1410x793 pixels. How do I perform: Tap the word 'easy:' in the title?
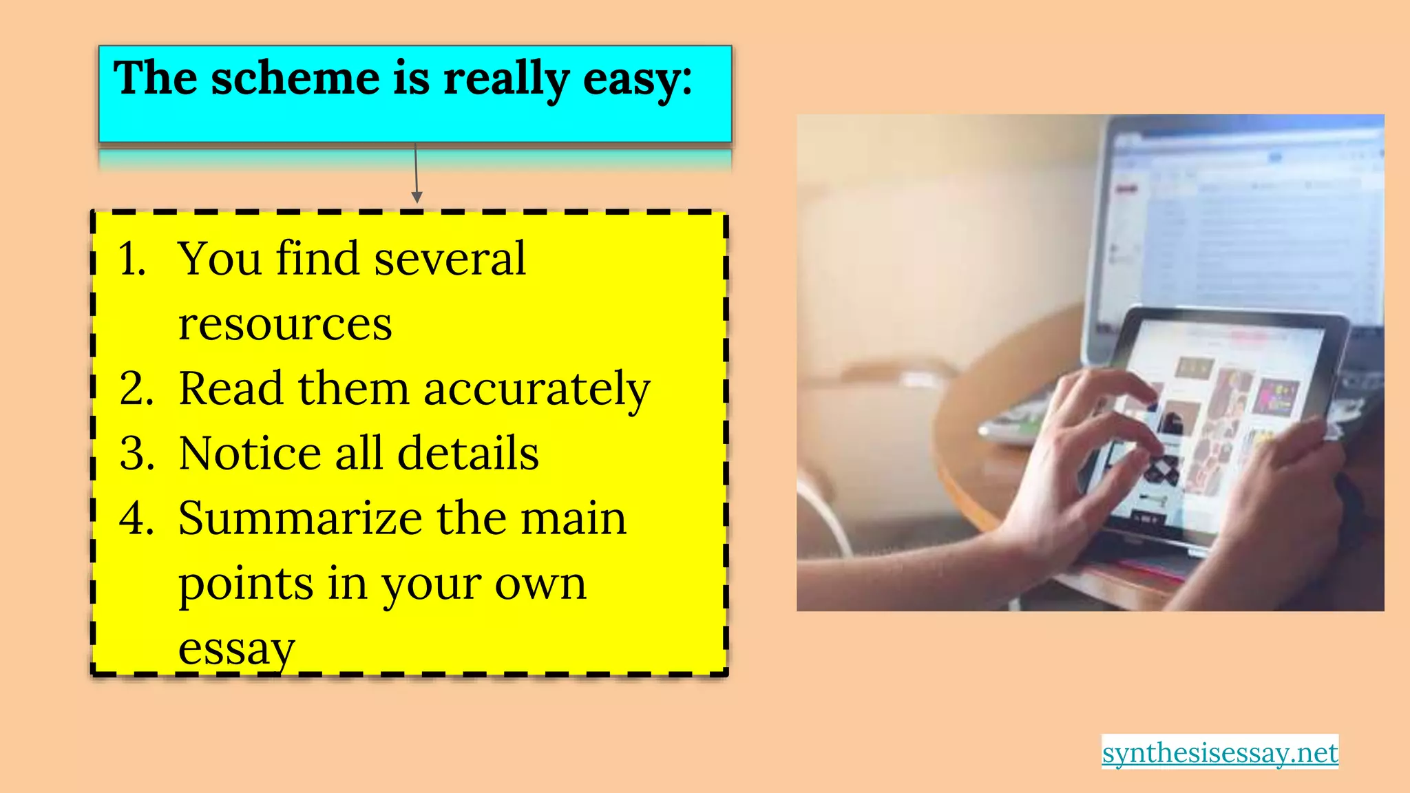point(637,79)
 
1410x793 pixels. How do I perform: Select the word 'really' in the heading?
point(506,79)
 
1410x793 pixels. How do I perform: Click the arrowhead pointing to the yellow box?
point(417,198)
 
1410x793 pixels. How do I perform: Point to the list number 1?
point(131,260)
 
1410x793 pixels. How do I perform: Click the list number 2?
point(136,389)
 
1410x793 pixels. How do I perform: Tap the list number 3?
point(136,454)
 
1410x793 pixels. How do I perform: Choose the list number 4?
point(136,518)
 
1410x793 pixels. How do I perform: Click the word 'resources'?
point(285,324)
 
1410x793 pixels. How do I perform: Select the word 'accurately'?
point(536,389)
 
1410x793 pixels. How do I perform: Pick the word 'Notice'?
point(250,454)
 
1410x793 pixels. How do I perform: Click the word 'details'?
point(468,454)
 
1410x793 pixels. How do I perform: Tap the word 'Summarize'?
point(299,518)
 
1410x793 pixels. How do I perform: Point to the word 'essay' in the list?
point(236,648)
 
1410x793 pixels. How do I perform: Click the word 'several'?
point(450,260)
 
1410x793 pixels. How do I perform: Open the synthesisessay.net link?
point(1220,752)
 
